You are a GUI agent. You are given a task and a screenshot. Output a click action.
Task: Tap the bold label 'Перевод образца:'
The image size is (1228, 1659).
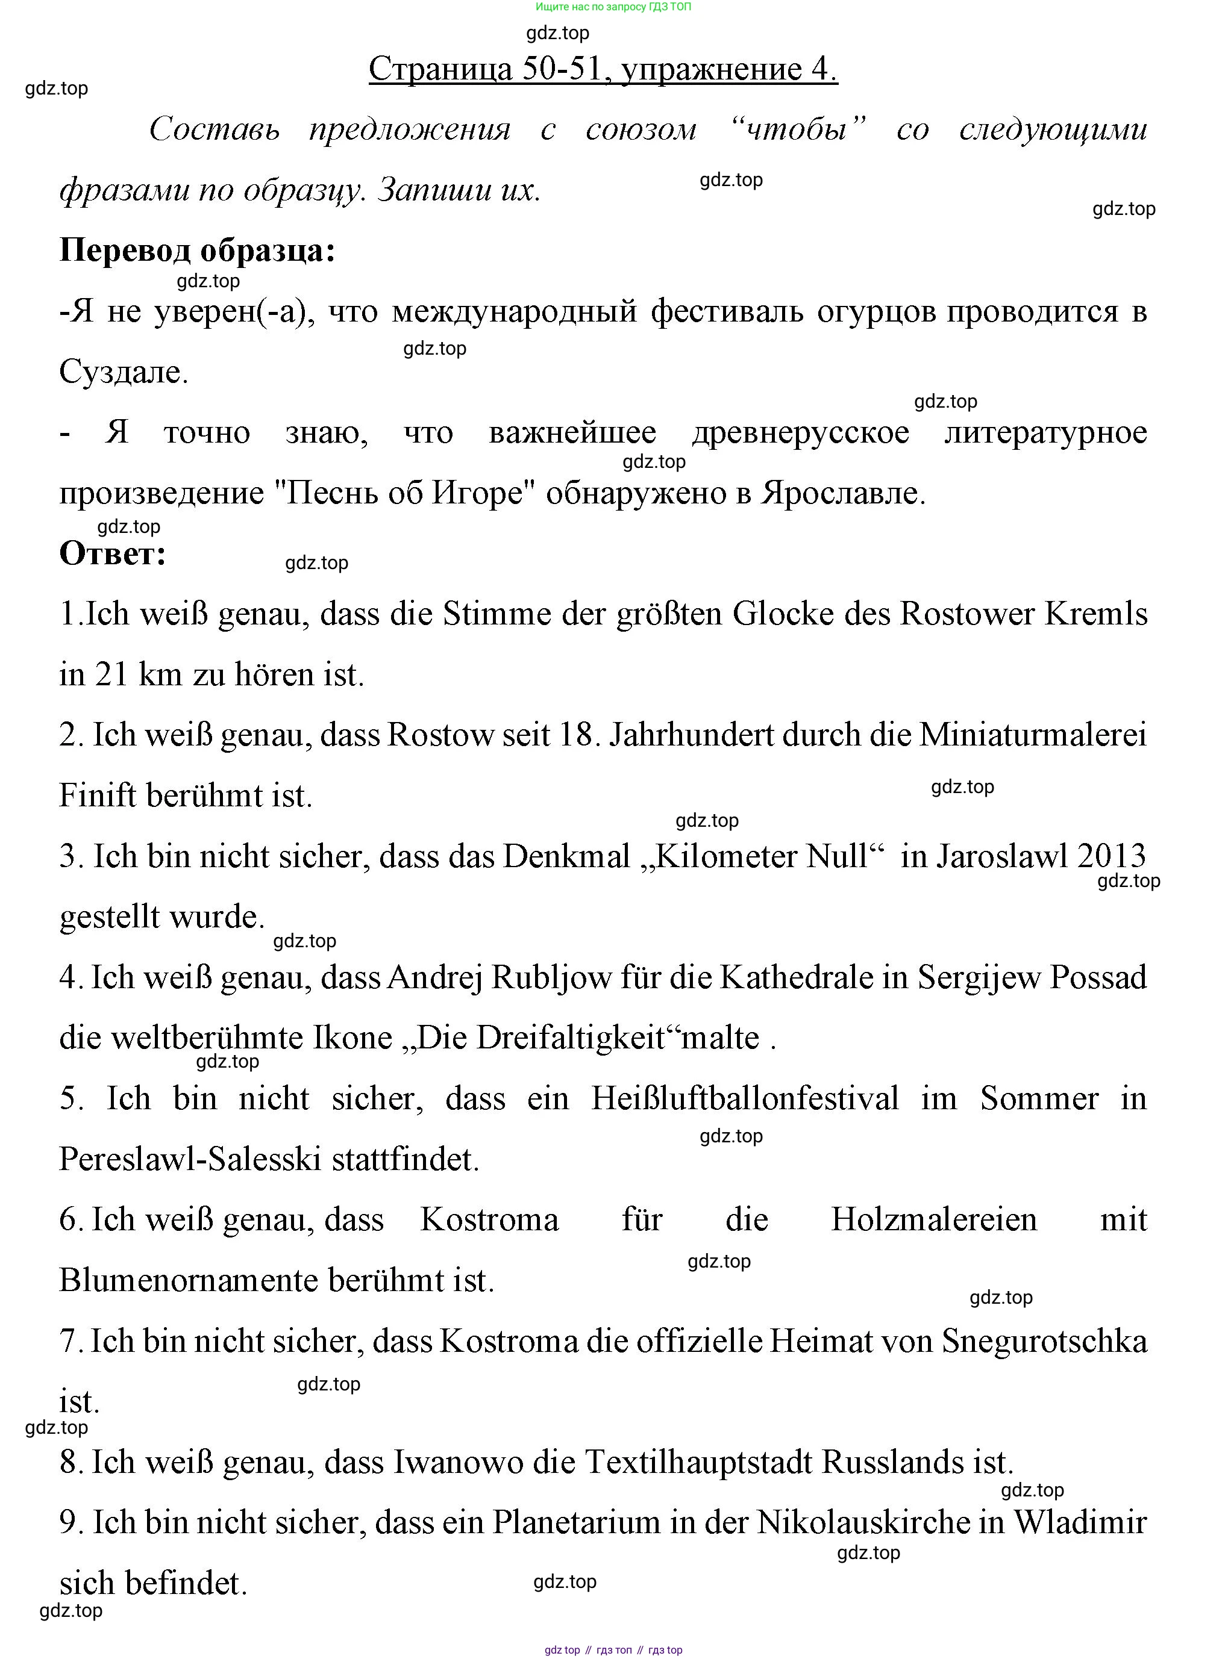pyautogui.click(x=197, y=251)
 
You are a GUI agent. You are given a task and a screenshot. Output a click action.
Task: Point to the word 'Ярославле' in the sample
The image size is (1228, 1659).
pyautogui.click(x=841, y=493)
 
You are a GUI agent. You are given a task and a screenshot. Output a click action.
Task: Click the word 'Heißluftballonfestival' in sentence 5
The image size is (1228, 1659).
pyautogui.click(x=744, y=1099)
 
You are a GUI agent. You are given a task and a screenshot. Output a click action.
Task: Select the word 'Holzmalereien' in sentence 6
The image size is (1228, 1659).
pyautogui.click(x=933, y=1220)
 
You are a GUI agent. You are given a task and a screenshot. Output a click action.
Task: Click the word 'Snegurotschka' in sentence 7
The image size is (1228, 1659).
pyautogui.click(x=1044, y=1341)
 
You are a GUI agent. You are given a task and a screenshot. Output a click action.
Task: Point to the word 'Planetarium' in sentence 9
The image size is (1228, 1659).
pyautogui.click(x=576, y=1522)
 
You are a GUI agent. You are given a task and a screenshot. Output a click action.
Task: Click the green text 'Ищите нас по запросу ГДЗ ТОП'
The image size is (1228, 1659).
pyautogui.click(x=613, y=7)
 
